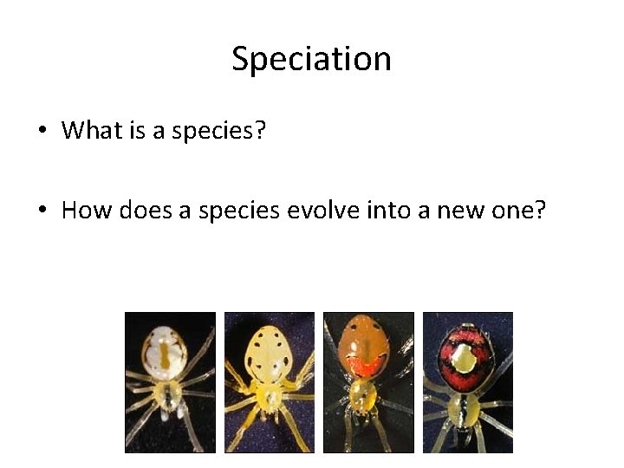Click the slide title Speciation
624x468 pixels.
coord(311,60)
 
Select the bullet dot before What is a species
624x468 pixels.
coord(41,132)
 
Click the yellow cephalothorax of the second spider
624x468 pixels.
coord(270,397)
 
